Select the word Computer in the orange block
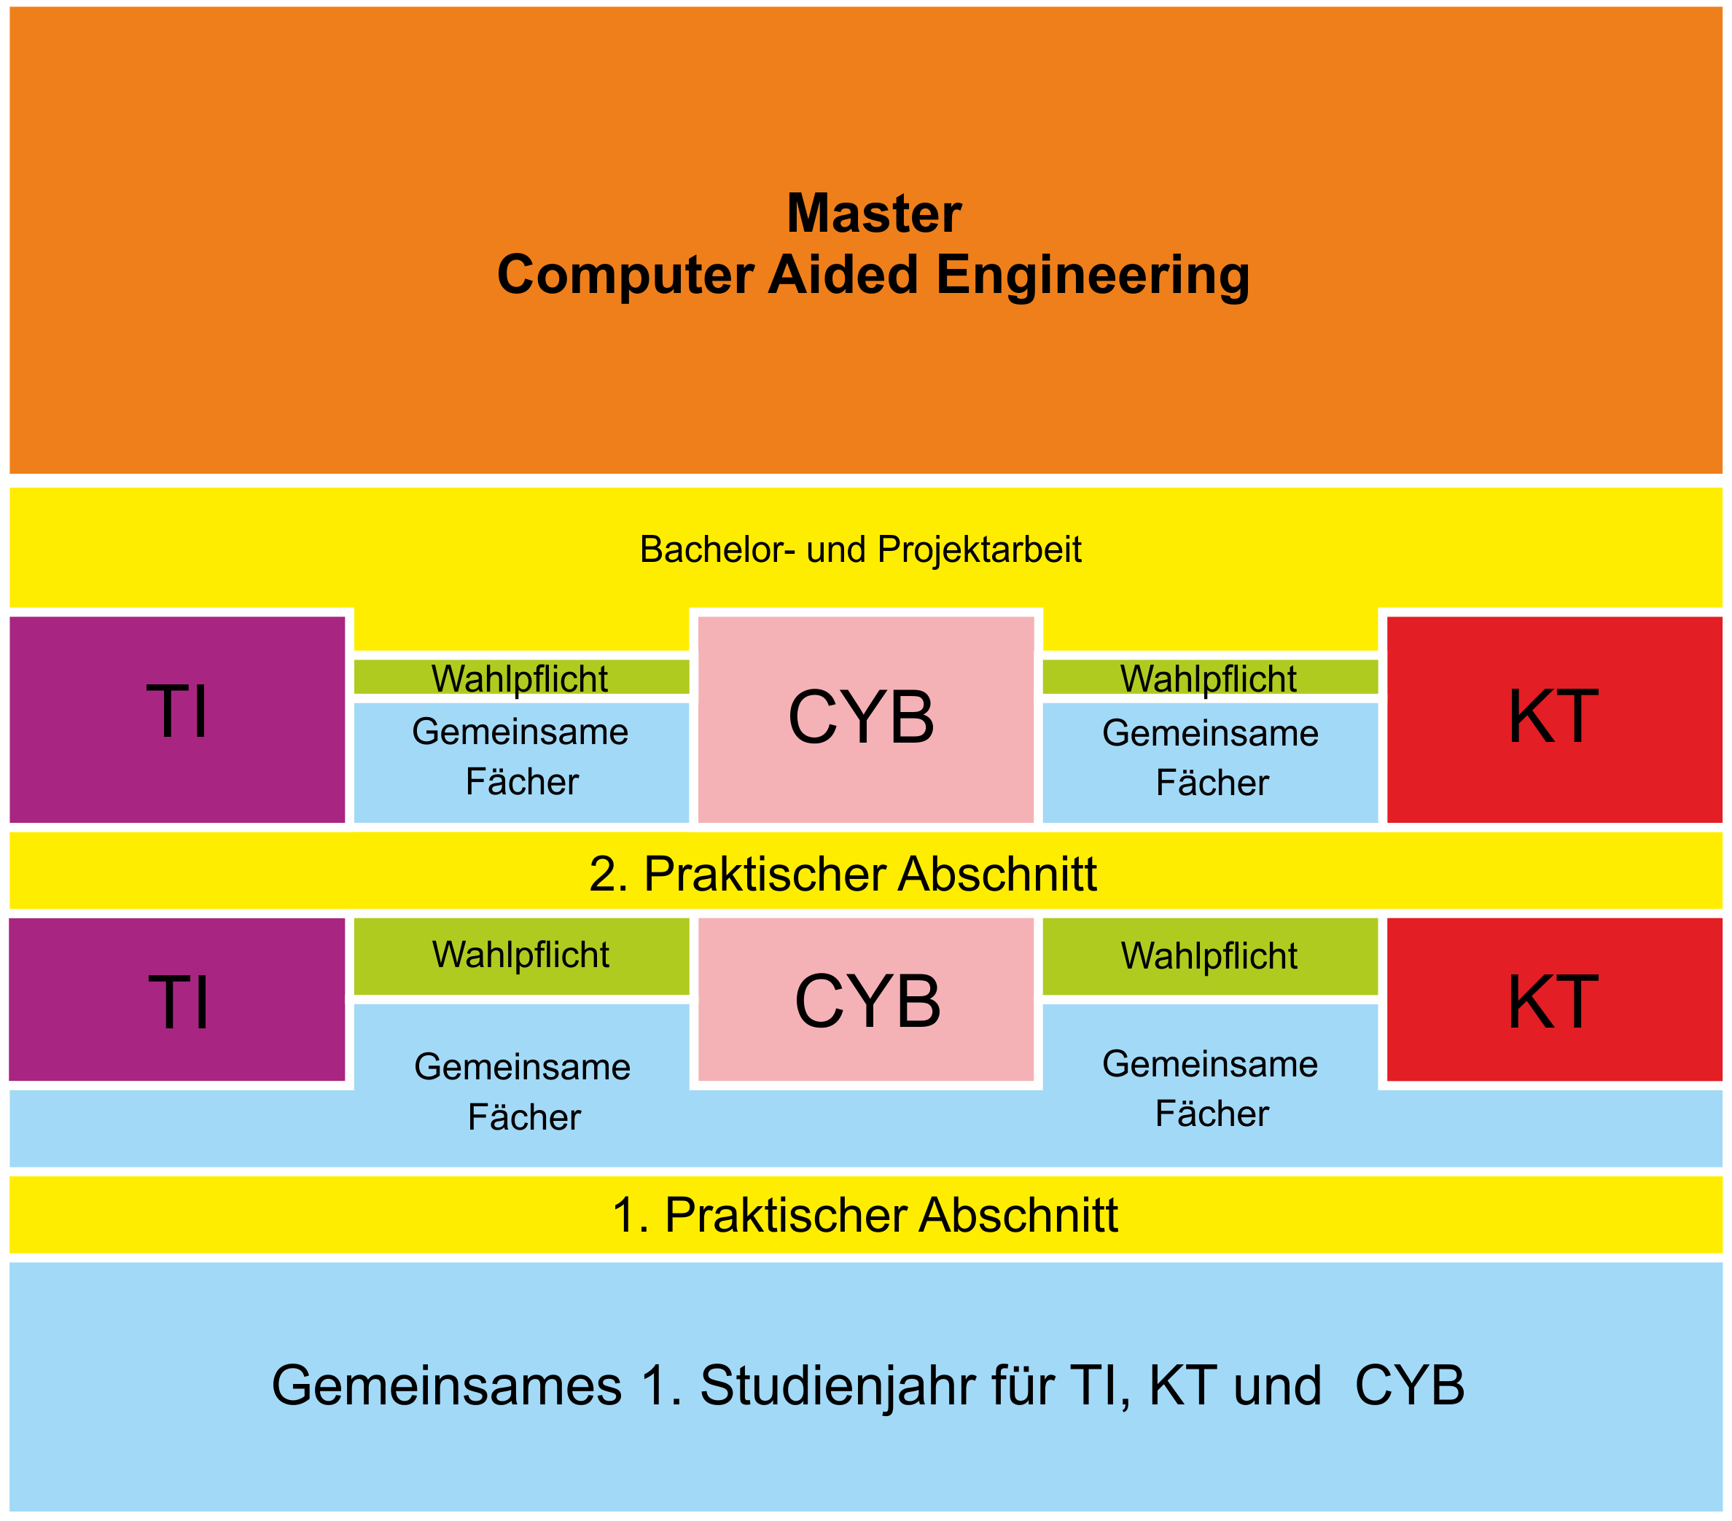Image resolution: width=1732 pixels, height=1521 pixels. click(625, 275)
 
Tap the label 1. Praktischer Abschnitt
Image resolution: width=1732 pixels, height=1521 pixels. click(865, 1214)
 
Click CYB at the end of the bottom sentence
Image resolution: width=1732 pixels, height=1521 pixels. click(1409, 1385)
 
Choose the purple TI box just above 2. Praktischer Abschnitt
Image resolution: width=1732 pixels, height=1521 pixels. click(177, 719)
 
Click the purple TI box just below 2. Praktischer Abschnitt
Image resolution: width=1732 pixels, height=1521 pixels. click(177, 1000)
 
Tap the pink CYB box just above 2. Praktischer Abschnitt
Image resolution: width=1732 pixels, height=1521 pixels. click(865, 719)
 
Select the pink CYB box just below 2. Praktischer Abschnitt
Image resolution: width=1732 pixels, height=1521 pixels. click(865, 1000)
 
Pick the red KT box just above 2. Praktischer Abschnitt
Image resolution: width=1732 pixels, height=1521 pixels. click(1553, 719)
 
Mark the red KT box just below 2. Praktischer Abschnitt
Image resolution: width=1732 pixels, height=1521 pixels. click(1553, 1000)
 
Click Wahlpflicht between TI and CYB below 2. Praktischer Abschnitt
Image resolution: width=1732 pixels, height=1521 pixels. click(520, 955)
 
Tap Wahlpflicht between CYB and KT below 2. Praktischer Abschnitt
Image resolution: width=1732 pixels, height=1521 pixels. click(1209, 955)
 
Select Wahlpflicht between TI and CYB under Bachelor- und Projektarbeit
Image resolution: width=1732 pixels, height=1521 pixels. click(520, 678)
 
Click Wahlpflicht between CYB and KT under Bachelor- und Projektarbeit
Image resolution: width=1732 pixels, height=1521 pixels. click(1209, 678)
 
